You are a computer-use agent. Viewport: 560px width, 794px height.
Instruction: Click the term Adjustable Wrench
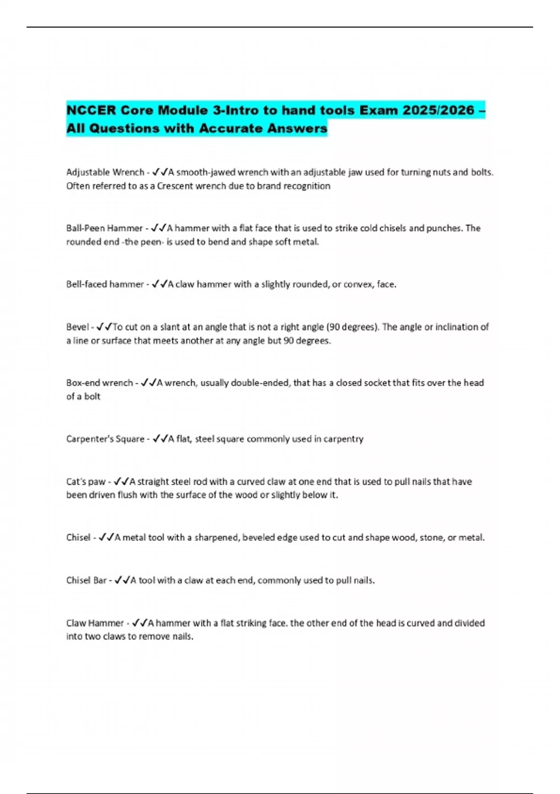(x=105, y=172)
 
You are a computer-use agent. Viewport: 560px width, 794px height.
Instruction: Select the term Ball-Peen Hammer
(x=104, y=228)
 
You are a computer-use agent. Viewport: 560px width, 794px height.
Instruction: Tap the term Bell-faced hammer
(x=105, y=284)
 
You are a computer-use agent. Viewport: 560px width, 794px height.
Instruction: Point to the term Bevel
(x=77, y=327)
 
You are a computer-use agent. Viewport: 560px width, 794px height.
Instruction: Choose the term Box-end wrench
(x=99, y=383)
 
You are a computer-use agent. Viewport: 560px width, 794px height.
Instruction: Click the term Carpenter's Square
(x=105, y=439)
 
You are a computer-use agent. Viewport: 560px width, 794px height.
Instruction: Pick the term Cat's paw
(x=86, y=482)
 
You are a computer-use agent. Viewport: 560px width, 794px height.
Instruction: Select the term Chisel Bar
(x=86, y=581)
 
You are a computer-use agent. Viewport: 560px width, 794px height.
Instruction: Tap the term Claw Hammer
(x=95, y=623)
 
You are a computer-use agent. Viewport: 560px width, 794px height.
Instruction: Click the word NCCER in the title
(x=91, y=111)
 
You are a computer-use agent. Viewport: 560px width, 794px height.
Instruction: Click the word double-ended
(x=261, y=383)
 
